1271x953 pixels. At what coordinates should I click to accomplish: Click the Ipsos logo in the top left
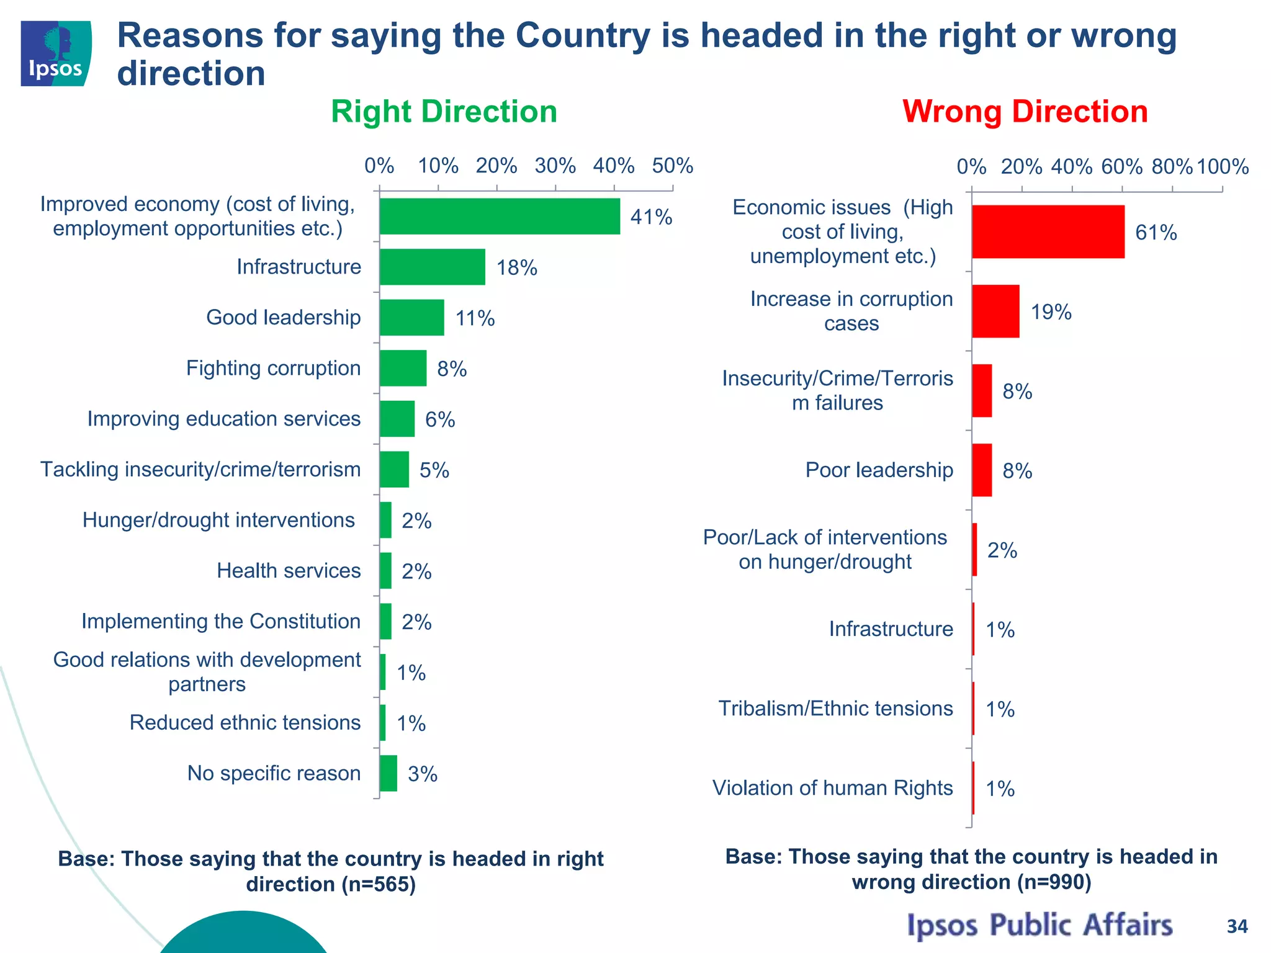[56, 53]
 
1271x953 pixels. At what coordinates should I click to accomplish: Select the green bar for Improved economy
[500, 217]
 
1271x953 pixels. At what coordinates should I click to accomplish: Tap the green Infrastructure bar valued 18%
[432, 267]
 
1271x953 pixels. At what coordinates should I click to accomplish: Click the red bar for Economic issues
[1048, 232]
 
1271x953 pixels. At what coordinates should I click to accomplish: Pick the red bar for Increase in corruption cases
[995, 311]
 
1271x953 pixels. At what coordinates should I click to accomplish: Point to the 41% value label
[651, 217]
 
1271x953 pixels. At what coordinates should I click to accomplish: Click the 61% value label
[1156, 233]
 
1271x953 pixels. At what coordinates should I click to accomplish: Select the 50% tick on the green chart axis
[672, 166]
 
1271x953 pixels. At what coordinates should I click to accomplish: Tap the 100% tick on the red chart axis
[1222, 167]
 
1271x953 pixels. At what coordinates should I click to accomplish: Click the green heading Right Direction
[444, 112]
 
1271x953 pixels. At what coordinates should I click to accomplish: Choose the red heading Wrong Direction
[1025, 112]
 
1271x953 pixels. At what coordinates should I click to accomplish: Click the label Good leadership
[283, 317]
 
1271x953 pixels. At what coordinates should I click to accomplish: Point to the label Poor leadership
[879, 470]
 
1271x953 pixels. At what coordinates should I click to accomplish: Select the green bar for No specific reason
[388, 773]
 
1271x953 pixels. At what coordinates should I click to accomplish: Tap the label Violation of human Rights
[832, 788]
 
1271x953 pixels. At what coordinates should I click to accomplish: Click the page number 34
[1237, 926]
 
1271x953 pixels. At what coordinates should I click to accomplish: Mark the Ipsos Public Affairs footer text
[1040, 925]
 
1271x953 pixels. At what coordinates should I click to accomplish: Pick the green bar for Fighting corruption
[403, 368]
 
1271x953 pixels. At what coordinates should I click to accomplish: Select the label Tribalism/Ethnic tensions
[835, 709]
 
